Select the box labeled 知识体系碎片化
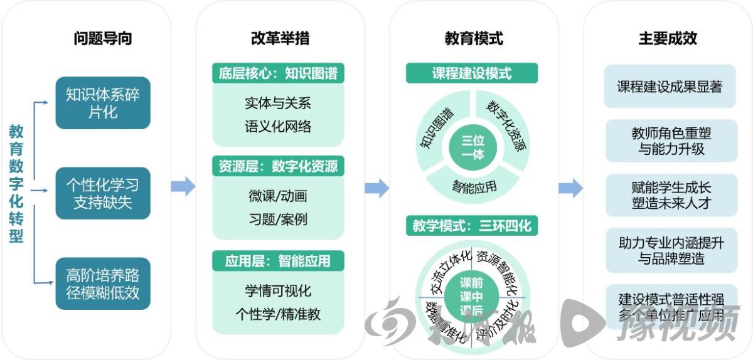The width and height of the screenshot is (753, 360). tap(103, 103)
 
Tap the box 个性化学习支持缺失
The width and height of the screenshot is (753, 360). tap(103, 193)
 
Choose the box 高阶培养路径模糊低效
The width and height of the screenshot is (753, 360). tap(103, 283)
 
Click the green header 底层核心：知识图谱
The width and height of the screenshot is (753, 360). tap(278, 73)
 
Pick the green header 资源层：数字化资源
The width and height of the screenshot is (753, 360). tap(278, 166)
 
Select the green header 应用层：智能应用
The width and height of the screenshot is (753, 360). tap(278, 260)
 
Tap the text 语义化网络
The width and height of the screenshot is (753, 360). tap(278, 126)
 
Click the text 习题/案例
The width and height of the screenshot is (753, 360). tap(278, 220)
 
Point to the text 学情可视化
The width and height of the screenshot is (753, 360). tap(278, 291)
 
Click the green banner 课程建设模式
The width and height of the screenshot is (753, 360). tap(472, 73)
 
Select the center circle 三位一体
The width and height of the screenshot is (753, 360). tap(472, 147)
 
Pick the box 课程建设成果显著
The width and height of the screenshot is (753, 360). tap(670, 87)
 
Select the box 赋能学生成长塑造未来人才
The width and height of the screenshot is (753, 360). tap(671, 195)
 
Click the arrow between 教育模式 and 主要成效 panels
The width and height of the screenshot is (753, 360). tap(570, 188)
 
